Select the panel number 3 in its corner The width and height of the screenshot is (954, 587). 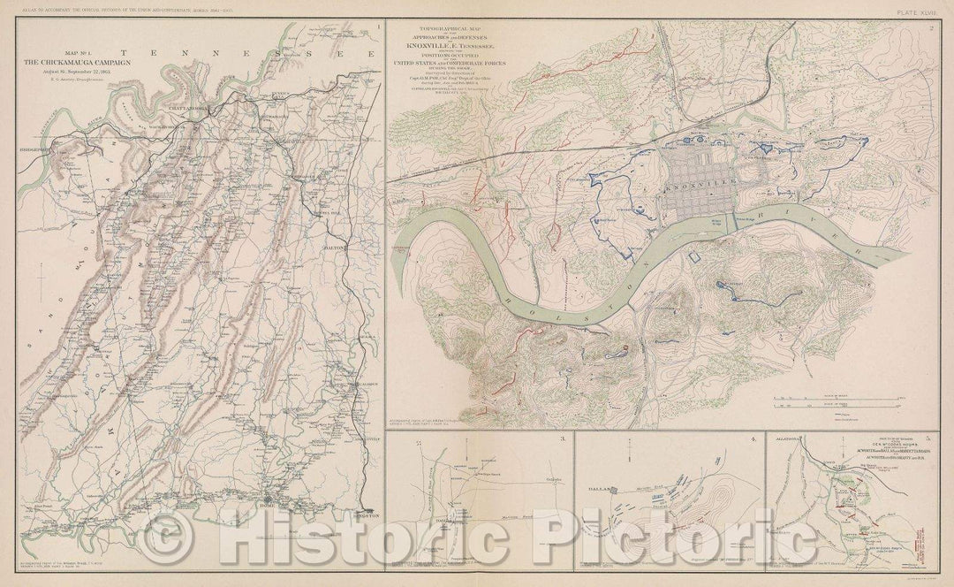(x=561, y=439)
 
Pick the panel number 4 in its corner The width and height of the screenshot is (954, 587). (x=753, y=439)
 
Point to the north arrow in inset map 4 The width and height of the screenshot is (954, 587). (x=627, y=457)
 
